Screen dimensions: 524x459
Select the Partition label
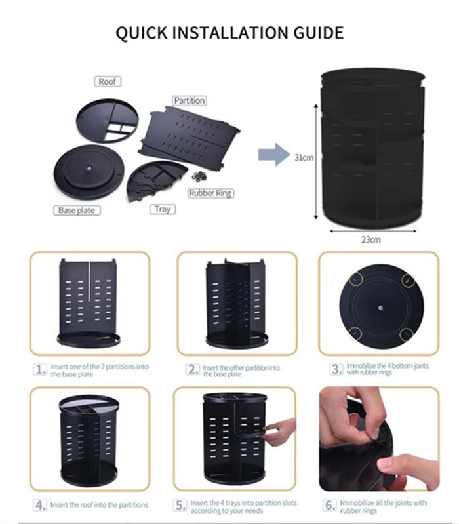point(189,100)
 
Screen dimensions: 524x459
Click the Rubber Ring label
point(210,193)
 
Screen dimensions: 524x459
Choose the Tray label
point(162,209)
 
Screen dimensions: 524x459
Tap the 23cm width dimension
point(370,239)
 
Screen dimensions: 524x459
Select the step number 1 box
point(41,369)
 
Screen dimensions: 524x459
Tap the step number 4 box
point(41,505)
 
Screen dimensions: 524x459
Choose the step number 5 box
point(180,505)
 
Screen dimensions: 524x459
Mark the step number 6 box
point(329,505)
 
